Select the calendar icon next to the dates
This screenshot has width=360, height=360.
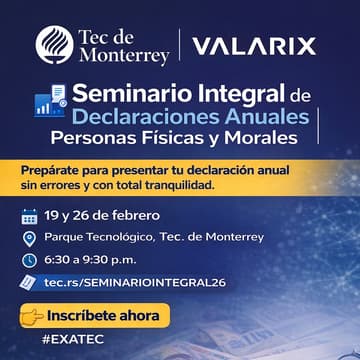coord(29,215)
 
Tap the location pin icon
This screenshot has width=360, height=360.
coord(29,238)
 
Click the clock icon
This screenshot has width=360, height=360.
coord(29,260)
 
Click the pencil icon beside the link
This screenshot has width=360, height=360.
coord(29,283)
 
